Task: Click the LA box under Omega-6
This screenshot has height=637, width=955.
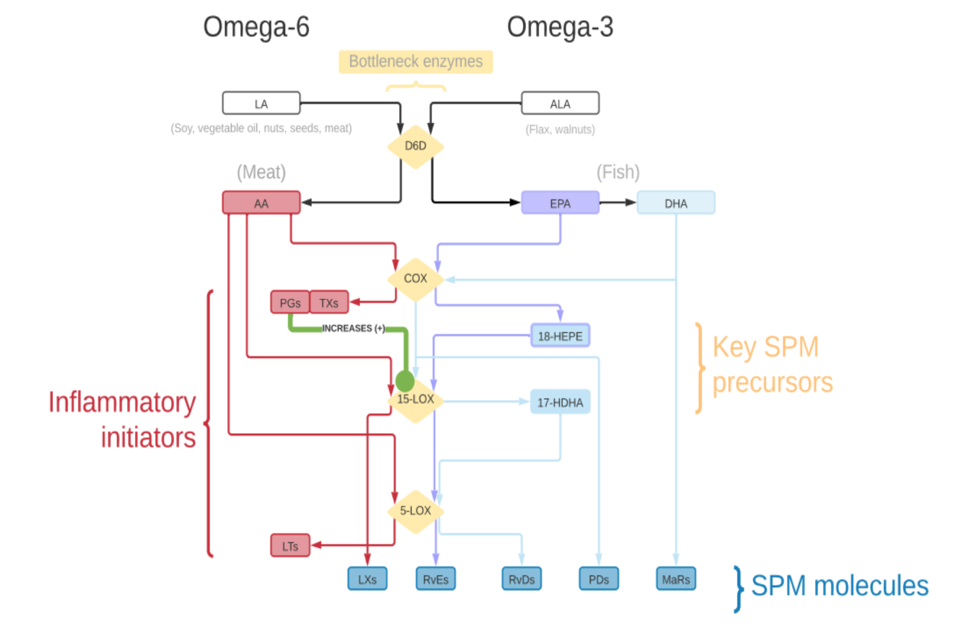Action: (x=261, y=103)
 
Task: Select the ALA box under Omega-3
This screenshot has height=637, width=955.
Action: (x=560, y=103)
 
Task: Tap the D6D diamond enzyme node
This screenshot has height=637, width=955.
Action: (x=415, y=146)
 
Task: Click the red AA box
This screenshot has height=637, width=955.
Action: (x=261, y=203)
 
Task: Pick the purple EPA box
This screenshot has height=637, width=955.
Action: (x=560, y=203)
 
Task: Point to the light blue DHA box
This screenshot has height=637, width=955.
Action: (x=676, y=203)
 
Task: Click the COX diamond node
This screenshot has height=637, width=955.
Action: (x=415, y=279)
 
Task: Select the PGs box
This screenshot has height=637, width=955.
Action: (x=290, y=302)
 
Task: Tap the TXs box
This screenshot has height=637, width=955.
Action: (x=329, y=302)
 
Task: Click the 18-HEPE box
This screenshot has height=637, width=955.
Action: (x=560, y=336)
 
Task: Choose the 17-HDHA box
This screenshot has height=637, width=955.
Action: (x=560, y=402)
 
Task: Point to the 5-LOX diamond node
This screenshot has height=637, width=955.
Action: (x=415, y=511)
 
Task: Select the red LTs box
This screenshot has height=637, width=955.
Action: (x=290, y=546)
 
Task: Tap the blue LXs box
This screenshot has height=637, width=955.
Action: (x=367, y=579)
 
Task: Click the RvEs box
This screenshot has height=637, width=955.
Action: (x=435, y=579)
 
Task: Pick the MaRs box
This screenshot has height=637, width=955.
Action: (x=676, y=579)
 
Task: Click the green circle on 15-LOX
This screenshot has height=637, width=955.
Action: (x=404, y=381)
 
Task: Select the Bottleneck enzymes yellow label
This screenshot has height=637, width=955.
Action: (x=415, y=62)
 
